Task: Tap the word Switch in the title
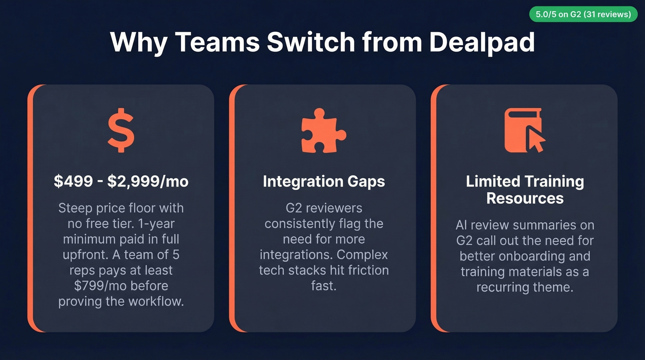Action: click(x=311, y=42)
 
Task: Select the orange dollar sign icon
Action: click(x=121, y=130)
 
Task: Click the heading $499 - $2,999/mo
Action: click(x=121, y=182)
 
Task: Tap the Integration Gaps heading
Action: click(x=323, y=182)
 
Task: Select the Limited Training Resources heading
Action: click(x=525, y=189)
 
